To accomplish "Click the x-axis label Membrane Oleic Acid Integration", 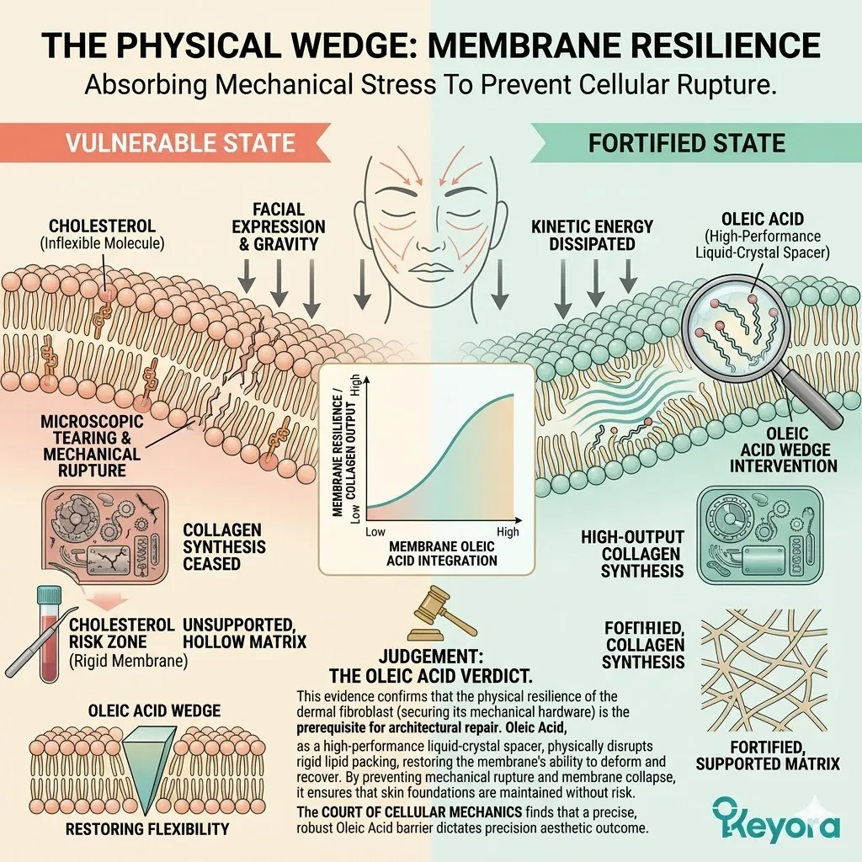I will click(x=442, y=553).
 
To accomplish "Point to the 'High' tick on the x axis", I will click(x=508, y=532).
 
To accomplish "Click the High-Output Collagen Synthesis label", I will click(x=632, y=554).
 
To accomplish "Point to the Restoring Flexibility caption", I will click(x=148, y=828).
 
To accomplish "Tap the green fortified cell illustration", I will click(x=761, y=535).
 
